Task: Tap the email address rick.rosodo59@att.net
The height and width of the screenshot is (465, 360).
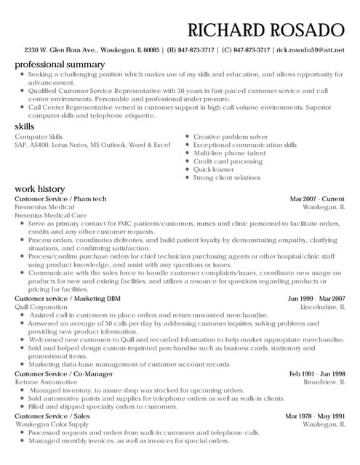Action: [x=308, y=50]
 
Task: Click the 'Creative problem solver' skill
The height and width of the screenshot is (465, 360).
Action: [x=231, y=137]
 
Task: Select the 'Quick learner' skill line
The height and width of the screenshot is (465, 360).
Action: [x=214, y=169]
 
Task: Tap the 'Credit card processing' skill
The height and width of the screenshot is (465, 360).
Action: [x=227, y=161]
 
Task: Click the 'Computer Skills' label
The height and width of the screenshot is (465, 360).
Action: [x=39, y=137]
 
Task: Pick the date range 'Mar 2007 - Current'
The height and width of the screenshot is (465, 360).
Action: [x=317, y=198]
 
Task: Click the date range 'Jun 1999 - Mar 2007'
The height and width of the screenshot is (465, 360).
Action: [x=316, y=299]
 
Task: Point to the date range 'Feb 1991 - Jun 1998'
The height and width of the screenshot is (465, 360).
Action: [x=316, y=373]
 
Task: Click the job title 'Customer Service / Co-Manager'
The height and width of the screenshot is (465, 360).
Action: [x=63, y=373]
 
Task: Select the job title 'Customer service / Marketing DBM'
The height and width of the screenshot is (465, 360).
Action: [x=68, y=299]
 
